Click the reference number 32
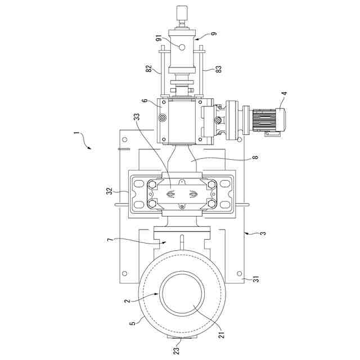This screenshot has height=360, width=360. (110, 191)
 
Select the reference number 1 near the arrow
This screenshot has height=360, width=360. (76, 136)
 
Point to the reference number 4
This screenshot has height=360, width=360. (284, 93)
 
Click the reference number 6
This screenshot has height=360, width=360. (145, 101)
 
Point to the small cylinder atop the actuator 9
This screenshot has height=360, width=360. (182, 12)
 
